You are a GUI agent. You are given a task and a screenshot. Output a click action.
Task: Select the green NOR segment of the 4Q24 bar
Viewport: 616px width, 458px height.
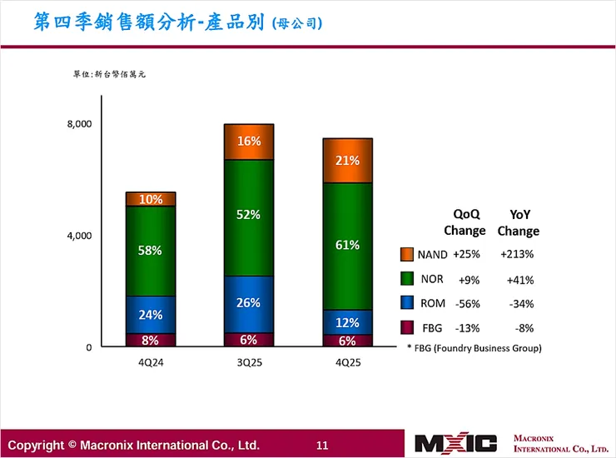pyautogui.click(x=151, y=251)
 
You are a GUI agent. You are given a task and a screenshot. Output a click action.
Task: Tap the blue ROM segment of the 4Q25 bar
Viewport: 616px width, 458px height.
pyautogui.click(x=347, y=322)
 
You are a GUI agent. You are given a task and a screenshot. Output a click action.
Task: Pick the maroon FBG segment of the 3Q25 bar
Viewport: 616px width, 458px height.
pyautogui.click(x=249, y=340)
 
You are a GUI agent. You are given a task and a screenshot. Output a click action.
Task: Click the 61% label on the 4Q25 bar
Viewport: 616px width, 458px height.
pyautogui.click(x=348, y=245)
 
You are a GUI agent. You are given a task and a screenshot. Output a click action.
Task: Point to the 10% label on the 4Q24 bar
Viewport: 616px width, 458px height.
pyautogui.click(x=151, y=200)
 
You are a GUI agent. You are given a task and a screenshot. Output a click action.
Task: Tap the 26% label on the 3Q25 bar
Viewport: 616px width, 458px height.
pyautogui.click(x=249, y=303)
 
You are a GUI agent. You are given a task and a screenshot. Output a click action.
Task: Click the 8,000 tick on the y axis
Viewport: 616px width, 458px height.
pyautogui.click(x=79, y=124)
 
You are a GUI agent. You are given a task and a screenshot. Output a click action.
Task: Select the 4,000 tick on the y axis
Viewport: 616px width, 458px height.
pyautogui.click(x=79, y=236)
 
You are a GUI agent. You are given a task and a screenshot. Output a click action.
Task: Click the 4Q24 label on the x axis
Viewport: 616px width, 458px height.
pyautogui.click(x=151, y=362)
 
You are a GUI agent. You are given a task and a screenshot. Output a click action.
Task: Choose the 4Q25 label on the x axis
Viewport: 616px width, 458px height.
pyautogui.click(x=347, y=362)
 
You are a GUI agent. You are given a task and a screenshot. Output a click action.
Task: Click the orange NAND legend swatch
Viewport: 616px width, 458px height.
pyautogui.click(x=407, y=255)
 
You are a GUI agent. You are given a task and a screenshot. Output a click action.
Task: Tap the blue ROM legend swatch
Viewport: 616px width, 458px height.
pyautogui.click(x=407, y=303)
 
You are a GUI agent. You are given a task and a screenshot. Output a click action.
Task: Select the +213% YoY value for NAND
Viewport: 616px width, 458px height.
pyautogui.click(x=517, y=255)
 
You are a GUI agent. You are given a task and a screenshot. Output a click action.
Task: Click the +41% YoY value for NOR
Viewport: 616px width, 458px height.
pyautogui.click(x=517, y=280)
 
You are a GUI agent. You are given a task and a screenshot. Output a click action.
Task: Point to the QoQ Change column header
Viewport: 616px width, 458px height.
pyautogui.click(x=464, y=222)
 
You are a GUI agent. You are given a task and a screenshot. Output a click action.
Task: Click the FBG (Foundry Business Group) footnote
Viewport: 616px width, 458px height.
pyautogui.click(x=474, y=347)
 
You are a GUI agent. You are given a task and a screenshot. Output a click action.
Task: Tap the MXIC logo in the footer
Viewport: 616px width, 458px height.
pyautogui.click(x=455, y=444)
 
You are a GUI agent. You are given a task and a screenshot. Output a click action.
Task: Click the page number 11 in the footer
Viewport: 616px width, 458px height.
pyautogui.click(x=323, y=445)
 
